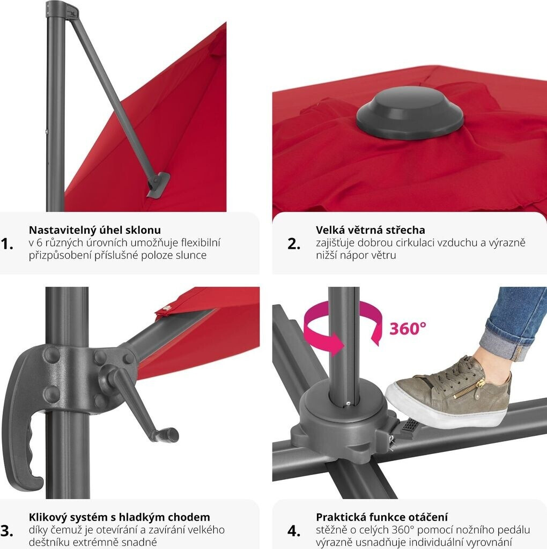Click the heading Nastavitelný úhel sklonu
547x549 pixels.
click(94, 230)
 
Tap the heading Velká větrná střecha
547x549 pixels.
click(370, 230)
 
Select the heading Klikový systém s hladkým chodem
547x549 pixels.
click(120, 517)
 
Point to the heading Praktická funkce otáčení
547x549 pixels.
click(382, 517)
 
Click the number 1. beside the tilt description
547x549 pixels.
click(7, 244)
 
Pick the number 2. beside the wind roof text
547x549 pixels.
click(294, 244)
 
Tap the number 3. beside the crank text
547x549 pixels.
click(7, 531)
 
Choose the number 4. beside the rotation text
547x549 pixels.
click(294, 531)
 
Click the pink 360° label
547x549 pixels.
click(408, 329)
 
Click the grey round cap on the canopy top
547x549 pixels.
click(410, 113)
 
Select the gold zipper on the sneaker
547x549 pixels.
click(469, 388)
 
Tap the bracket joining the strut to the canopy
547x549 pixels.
click(158, 184)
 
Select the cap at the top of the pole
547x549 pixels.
click(62, 9)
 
